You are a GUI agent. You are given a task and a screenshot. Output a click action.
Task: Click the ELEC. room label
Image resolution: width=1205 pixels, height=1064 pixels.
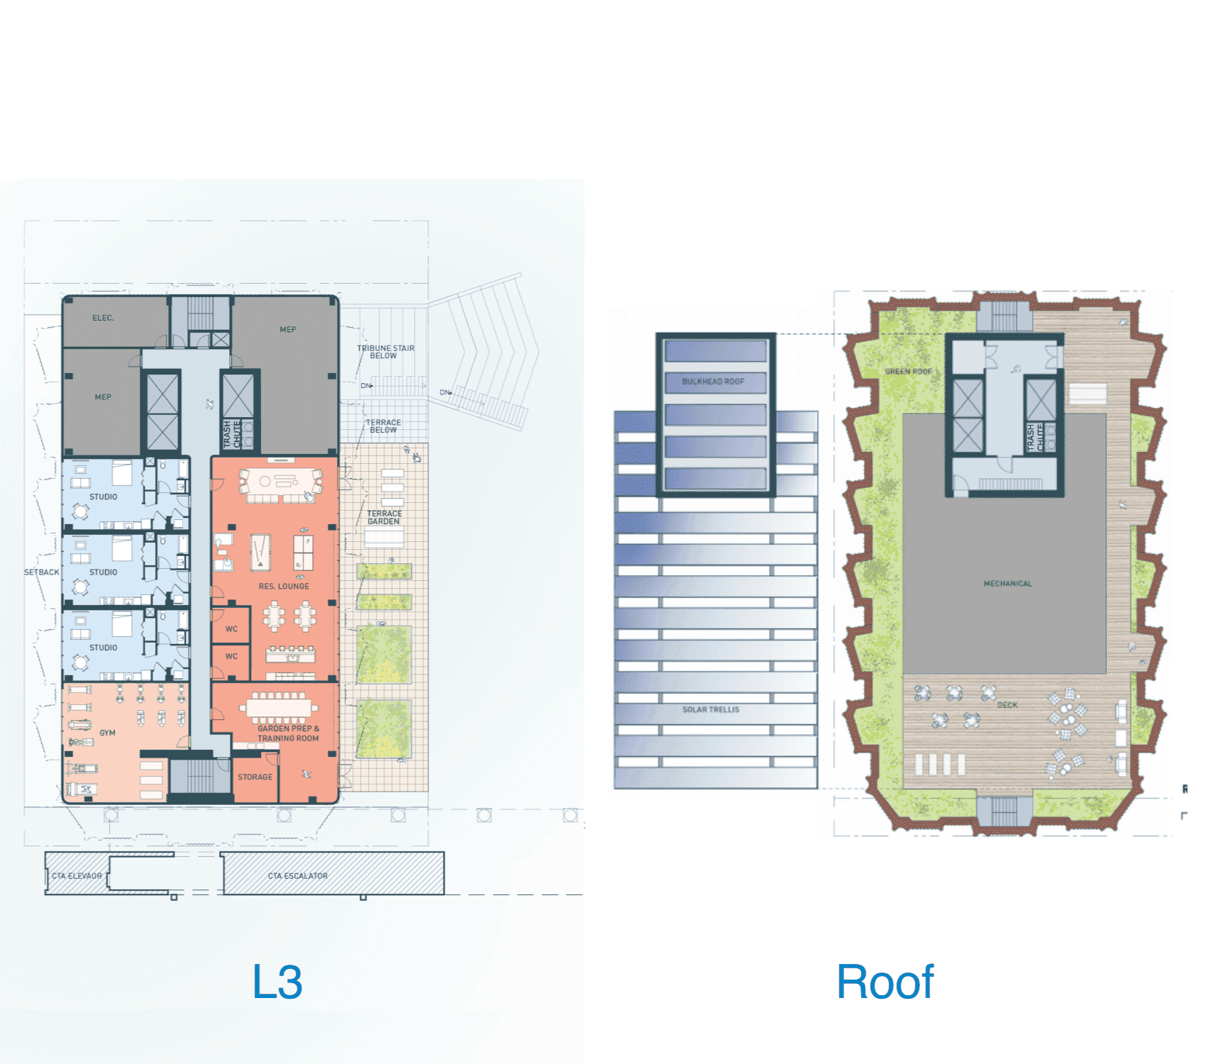pyautogui.click(x=103, y=318)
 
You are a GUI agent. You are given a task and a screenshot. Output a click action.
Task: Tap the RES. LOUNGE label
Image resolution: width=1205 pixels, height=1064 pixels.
pyautogui.click(x=284, y=587)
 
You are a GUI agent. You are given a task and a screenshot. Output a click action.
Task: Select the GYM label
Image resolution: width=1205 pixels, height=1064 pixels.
pyautogui.click(x=107, y=733)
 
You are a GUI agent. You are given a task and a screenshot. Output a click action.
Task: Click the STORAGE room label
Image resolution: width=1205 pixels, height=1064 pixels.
pyautogui.click(x=255, y=777)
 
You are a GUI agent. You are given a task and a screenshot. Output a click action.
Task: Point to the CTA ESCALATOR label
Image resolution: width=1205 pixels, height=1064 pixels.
pyautogui.click(x=298, y=876)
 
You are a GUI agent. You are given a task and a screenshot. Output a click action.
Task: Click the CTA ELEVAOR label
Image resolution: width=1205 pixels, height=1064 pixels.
pyautogui.click(x=77, y=876)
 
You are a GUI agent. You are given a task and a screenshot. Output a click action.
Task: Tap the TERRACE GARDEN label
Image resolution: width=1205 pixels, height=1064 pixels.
pyautogui.click(x=384, y=518)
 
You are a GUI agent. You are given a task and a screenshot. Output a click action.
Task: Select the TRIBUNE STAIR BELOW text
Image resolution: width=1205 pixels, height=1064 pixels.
pyautogui.click(x=385, y=352)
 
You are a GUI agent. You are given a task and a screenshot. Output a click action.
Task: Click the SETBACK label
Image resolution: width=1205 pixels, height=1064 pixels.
pyautogui.click(x=42, y=572)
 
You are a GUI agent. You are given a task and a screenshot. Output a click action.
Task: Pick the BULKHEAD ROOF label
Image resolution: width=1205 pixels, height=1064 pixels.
pyautogui.click(x=713, y=382)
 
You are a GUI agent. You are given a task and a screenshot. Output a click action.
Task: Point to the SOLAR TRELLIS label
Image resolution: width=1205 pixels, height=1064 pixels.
pyautogui.click(x=711, y=709)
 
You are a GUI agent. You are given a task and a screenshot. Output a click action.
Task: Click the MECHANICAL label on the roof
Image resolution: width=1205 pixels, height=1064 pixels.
pyautogui.click(x=1008, y=584)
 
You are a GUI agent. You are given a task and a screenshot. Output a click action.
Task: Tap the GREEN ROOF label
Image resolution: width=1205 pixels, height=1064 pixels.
pyautogui.click(x=909, y=372)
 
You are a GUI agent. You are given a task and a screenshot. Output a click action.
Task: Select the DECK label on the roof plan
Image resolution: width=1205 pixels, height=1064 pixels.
pyautogui.click(x=1007, y=705)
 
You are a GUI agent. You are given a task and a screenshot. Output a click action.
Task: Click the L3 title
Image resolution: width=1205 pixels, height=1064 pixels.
pyautogui.click(x=277, y=982)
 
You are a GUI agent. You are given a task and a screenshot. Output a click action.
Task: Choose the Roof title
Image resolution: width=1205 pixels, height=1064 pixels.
pyautogui.click(x=885, y=982)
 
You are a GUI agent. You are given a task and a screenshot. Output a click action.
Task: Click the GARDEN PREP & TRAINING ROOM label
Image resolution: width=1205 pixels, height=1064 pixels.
pyautogui.click(x=288, y=733)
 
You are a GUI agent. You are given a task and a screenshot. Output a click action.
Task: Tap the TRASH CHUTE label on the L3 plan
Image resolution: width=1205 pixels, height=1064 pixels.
pyautogui.click(x=233, y=433)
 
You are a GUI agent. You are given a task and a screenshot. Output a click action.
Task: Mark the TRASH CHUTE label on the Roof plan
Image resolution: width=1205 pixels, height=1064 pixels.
pyautogui.click(x=1035, y=437)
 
